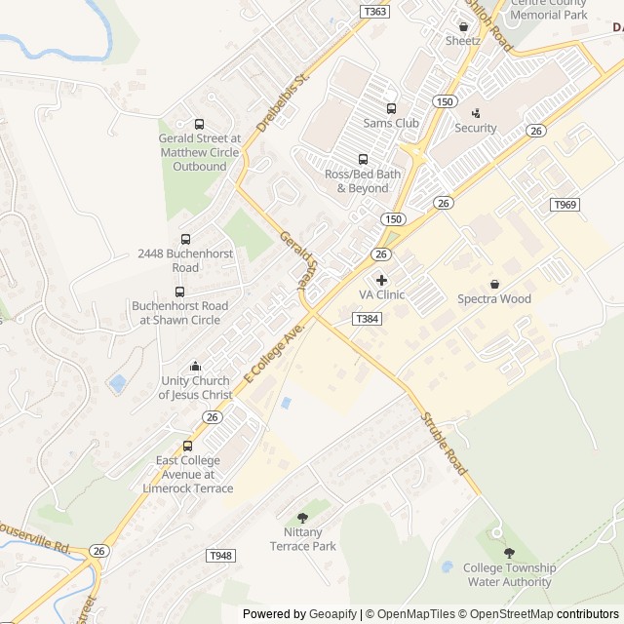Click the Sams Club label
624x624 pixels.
coord(391,123)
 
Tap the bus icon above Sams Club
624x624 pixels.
coord(391,108)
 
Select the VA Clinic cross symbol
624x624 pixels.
coord(381,280)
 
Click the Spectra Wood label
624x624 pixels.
coord(494,298)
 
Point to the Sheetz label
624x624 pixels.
coord(463,41)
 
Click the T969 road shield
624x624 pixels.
coord(565,205)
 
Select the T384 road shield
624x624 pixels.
coord(367,319)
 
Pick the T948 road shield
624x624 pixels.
coord(221,556)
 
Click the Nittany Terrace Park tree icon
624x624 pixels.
coord(302,518)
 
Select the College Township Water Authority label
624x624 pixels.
coord(509,575)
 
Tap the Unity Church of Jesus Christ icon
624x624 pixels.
coord(195,367)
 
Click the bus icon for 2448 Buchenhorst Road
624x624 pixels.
coord(185,239)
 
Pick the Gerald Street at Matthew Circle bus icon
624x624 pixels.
coord(199,124)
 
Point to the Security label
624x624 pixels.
coord(476,128)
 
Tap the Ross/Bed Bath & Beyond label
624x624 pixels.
coord(363,180)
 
